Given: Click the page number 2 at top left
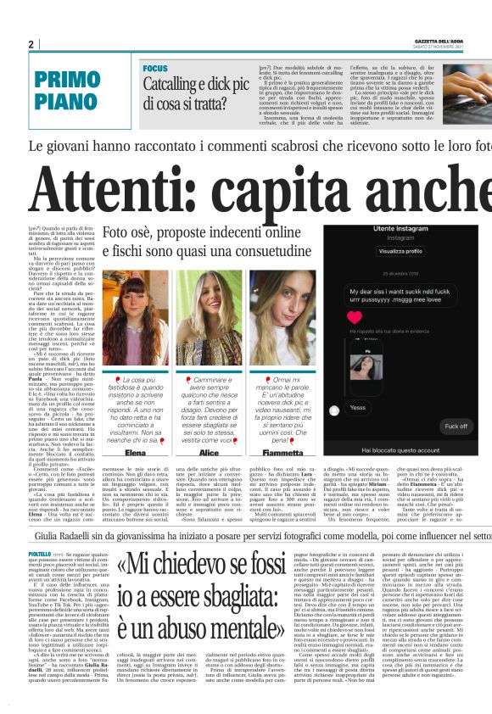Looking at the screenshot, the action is (x=31, y=44).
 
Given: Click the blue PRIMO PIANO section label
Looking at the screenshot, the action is (x=68, y=90).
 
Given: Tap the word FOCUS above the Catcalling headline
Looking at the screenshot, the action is (x=155, y=68).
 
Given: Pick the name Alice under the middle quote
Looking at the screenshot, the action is (x=209, y=453).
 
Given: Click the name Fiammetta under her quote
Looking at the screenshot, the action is (x=279, y=453).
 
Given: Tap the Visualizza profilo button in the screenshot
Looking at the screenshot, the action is (x=398, y=252).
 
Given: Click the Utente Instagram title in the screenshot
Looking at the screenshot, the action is (x=398, y=229).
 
